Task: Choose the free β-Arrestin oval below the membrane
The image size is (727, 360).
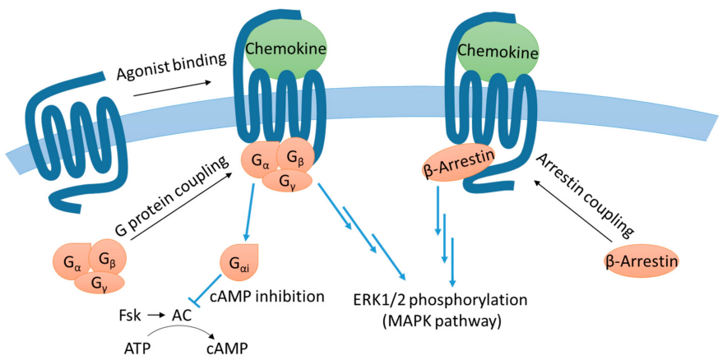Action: click(x=641, y=261)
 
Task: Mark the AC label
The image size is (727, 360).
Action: click(x=182, y=315)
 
